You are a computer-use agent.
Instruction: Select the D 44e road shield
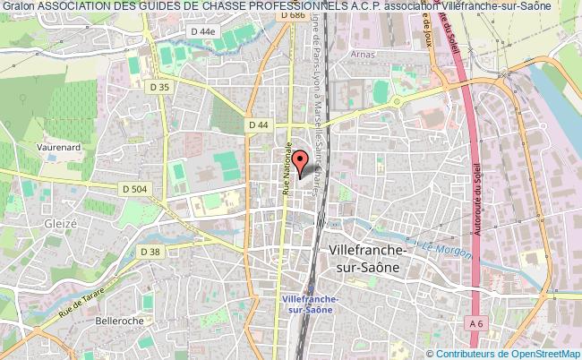click(x=202, y=56)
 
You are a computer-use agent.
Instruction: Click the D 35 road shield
click(x=160, y=87)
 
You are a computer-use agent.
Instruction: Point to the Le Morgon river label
click(x=451, y=250)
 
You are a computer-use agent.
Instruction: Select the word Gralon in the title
click(x=18, y=8)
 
